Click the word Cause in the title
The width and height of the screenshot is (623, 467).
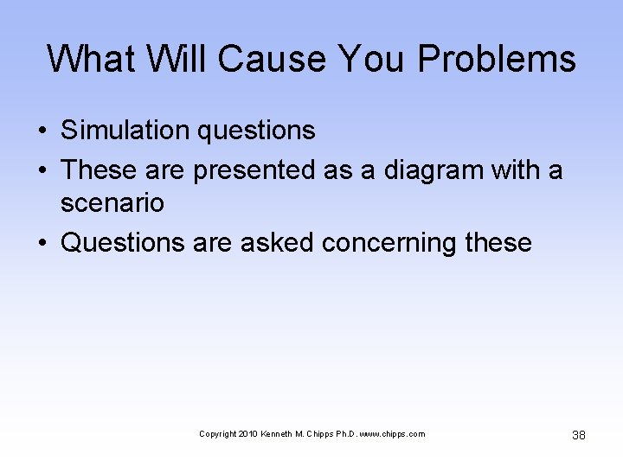pyautogui.click(x=272, y=60)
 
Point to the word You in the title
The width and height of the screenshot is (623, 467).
pyautogui.click(x=371, y=60)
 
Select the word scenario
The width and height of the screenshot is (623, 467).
pyautogui.click(x=112, y=204)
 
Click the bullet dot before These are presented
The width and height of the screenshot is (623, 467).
pyautogui.click(x=42, y=171)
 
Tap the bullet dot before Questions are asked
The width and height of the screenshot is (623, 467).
pyautogui.click(x=42, y=244)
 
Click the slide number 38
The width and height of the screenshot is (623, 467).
pyautogui.click(x=579, y=434)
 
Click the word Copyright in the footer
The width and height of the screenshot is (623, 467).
pyautogui.click(x=216, y=434)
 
